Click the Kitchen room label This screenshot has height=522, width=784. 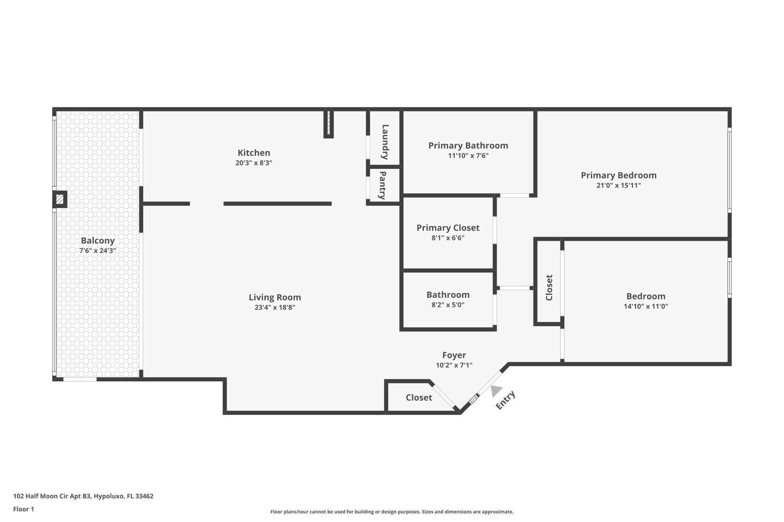tap(254, 153)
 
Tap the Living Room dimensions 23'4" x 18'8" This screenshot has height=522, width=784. tap(274, 307)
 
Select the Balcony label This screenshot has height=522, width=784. tap(98, 241)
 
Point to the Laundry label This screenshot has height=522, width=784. tap(385, 142)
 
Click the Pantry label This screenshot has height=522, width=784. tap(383, 185)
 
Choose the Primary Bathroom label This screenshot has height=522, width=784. tap(468, 146)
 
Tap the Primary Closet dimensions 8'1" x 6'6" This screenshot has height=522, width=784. tap(448, 238)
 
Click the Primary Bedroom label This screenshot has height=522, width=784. tap(618, 175)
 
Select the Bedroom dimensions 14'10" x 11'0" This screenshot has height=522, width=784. tap(646, 306)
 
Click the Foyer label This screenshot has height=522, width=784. tap(454, 355)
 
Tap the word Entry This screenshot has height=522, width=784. tap(506, 400)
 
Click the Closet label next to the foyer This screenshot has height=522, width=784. tap(419, 398)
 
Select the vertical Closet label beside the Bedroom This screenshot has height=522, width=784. tap(549, 288)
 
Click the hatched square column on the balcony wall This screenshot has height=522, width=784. tap(60, 199)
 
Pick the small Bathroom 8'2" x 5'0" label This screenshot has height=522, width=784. tap(448, 295)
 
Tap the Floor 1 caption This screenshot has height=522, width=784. tap(23, 509)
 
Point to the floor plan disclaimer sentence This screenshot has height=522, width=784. tap(392, 512)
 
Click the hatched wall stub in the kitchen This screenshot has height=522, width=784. tap(328, 123)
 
